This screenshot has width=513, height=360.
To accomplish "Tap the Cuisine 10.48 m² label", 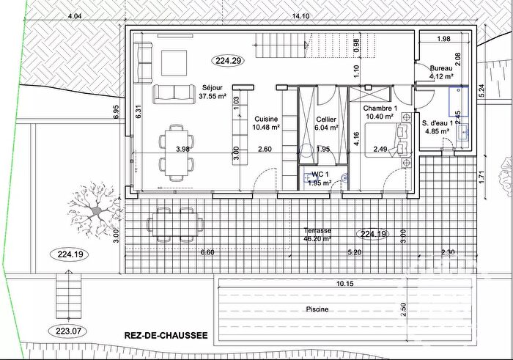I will point(265,122).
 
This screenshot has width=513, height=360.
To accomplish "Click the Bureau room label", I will point(442,67).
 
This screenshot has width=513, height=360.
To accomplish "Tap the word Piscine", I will point(317,309).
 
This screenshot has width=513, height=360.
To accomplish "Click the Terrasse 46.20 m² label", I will point(317,234).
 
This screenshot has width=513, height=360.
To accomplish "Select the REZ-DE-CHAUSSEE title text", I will point(161,336).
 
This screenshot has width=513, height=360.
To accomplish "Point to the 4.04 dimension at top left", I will point(74,15).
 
